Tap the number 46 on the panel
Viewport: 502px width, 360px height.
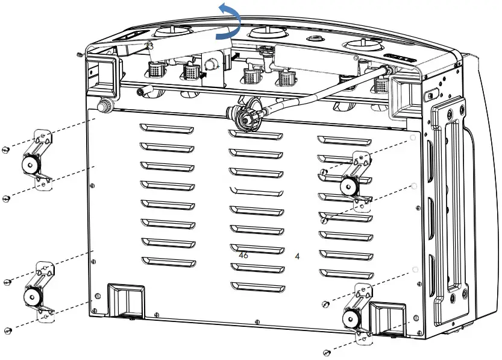[x=243, y=255]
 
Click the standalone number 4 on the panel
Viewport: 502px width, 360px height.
[x=297, y=256]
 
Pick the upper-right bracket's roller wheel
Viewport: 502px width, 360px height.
[x=348, y=186]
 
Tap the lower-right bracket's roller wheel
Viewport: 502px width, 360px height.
[x=351, y=316]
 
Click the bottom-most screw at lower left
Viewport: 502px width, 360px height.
[x=7, y=330]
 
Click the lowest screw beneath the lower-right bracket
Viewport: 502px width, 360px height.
[x=325, y=352]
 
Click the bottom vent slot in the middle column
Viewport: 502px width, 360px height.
[x=257, y=285]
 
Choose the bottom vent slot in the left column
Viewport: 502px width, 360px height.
[x=169, y=261]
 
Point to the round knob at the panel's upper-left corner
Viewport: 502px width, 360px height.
[x=104, y=107]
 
